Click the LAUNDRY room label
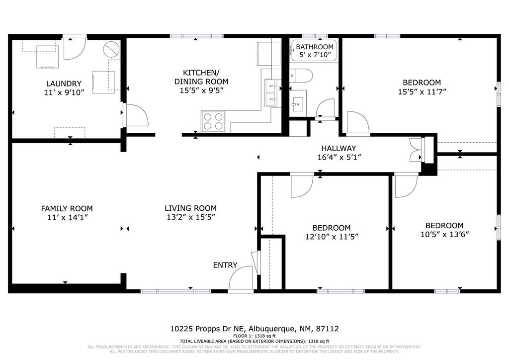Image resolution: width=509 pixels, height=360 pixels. pos(63,84)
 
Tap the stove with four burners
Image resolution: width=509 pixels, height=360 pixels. pos(213,120)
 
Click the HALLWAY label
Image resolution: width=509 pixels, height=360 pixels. pos(339,148)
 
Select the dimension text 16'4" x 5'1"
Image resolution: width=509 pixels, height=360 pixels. pos(339,157)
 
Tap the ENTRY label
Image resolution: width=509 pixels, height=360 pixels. pos(225,265)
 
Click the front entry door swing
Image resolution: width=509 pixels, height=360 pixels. pos(242,279)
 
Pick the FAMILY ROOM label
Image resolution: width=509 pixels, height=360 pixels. pos(67,209)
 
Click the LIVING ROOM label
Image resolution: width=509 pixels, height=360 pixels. pos(191,208)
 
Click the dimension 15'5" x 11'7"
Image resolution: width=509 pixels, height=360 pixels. pos(422,91)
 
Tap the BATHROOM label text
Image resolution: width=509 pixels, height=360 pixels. pos(314,47)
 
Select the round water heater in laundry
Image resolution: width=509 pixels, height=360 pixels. pos(111,50)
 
